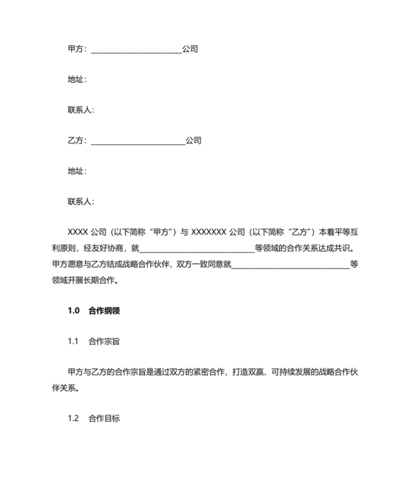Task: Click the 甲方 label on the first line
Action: pyautogui.click(x=75, y=49)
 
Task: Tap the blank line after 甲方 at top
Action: pyautogui.click(x=135, y=50)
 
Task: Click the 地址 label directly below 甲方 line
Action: pyautogui.click(x=76, y=79)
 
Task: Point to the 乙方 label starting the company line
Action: pyautogui.click(x=75, y=140)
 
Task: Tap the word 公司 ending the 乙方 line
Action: pyautogui.click(x=193, y=140)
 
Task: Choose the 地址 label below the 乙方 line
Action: pyautogui.click(x=76, y=171)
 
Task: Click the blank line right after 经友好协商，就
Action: pyautogui.click(x=196, y=249)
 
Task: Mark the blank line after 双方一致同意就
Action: pyautogui.click(x=291, y=264)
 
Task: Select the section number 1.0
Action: pyautogui.click(x=72, y=310)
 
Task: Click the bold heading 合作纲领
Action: pyautogui.click(x=104, y=310)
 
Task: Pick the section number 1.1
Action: pyautogui.click(x=72, y=341)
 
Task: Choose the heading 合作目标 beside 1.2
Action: pyautogui.click(x=104, y=418)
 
